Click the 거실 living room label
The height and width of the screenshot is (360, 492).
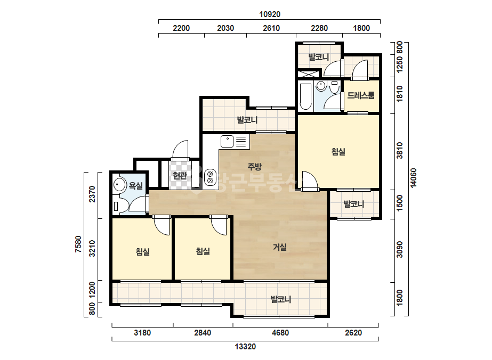click(x=279, y=248)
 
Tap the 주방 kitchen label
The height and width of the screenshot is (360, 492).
click(x=254, y=167)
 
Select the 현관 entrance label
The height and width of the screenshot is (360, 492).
click(x=180, y=176)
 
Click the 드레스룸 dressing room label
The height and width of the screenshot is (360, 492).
click(x=361, y=95)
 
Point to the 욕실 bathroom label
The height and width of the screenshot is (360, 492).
click(x=136, y=186)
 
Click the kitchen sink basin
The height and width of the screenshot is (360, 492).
click(x=227, y=141)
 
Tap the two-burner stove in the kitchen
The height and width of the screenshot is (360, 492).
click(x=210, y=177)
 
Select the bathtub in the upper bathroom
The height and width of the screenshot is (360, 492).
click(x=305, y=96)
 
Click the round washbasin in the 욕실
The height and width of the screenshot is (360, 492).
click(x=119, y=184)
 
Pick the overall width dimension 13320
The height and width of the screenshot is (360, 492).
click(x=245, y=347)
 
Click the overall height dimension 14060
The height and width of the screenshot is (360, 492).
click(x=414, y=178)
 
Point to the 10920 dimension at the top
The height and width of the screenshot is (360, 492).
click(x=270, y=14)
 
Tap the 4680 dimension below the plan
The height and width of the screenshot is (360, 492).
click(x=280, y=332)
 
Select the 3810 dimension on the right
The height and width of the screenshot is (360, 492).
click(x=399, y=151)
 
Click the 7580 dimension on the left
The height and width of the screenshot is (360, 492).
click(x=78, y=244)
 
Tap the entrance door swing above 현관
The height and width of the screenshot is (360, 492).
click(x=180, y=149)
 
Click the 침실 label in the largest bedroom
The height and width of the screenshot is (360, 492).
click(x=338, y=152)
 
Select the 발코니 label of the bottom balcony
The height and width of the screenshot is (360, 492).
click(x=281, y=299)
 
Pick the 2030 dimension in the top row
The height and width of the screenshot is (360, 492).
click(x=225, y=28)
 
